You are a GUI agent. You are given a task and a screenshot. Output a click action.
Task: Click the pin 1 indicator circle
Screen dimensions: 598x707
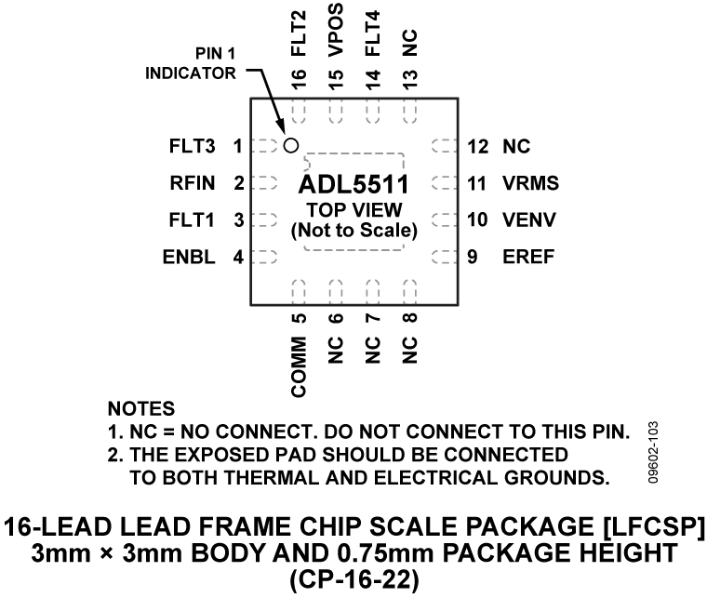290,145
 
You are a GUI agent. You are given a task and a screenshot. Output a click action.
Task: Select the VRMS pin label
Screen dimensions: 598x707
530,184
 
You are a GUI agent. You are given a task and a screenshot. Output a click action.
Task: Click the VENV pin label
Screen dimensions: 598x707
530,220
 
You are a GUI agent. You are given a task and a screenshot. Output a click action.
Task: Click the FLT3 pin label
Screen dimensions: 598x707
193,146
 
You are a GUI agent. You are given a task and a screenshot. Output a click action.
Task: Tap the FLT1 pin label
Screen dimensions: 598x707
193,220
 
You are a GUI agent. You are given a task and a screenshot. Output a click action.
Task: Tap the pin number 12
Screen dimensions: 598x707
478,146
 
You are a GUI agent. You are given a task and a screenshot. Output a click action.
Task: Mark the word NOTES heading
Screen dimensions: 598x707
142,408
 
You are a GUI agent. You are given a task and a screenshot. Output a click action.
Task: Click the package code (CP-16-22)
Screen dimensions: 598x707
354,583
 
